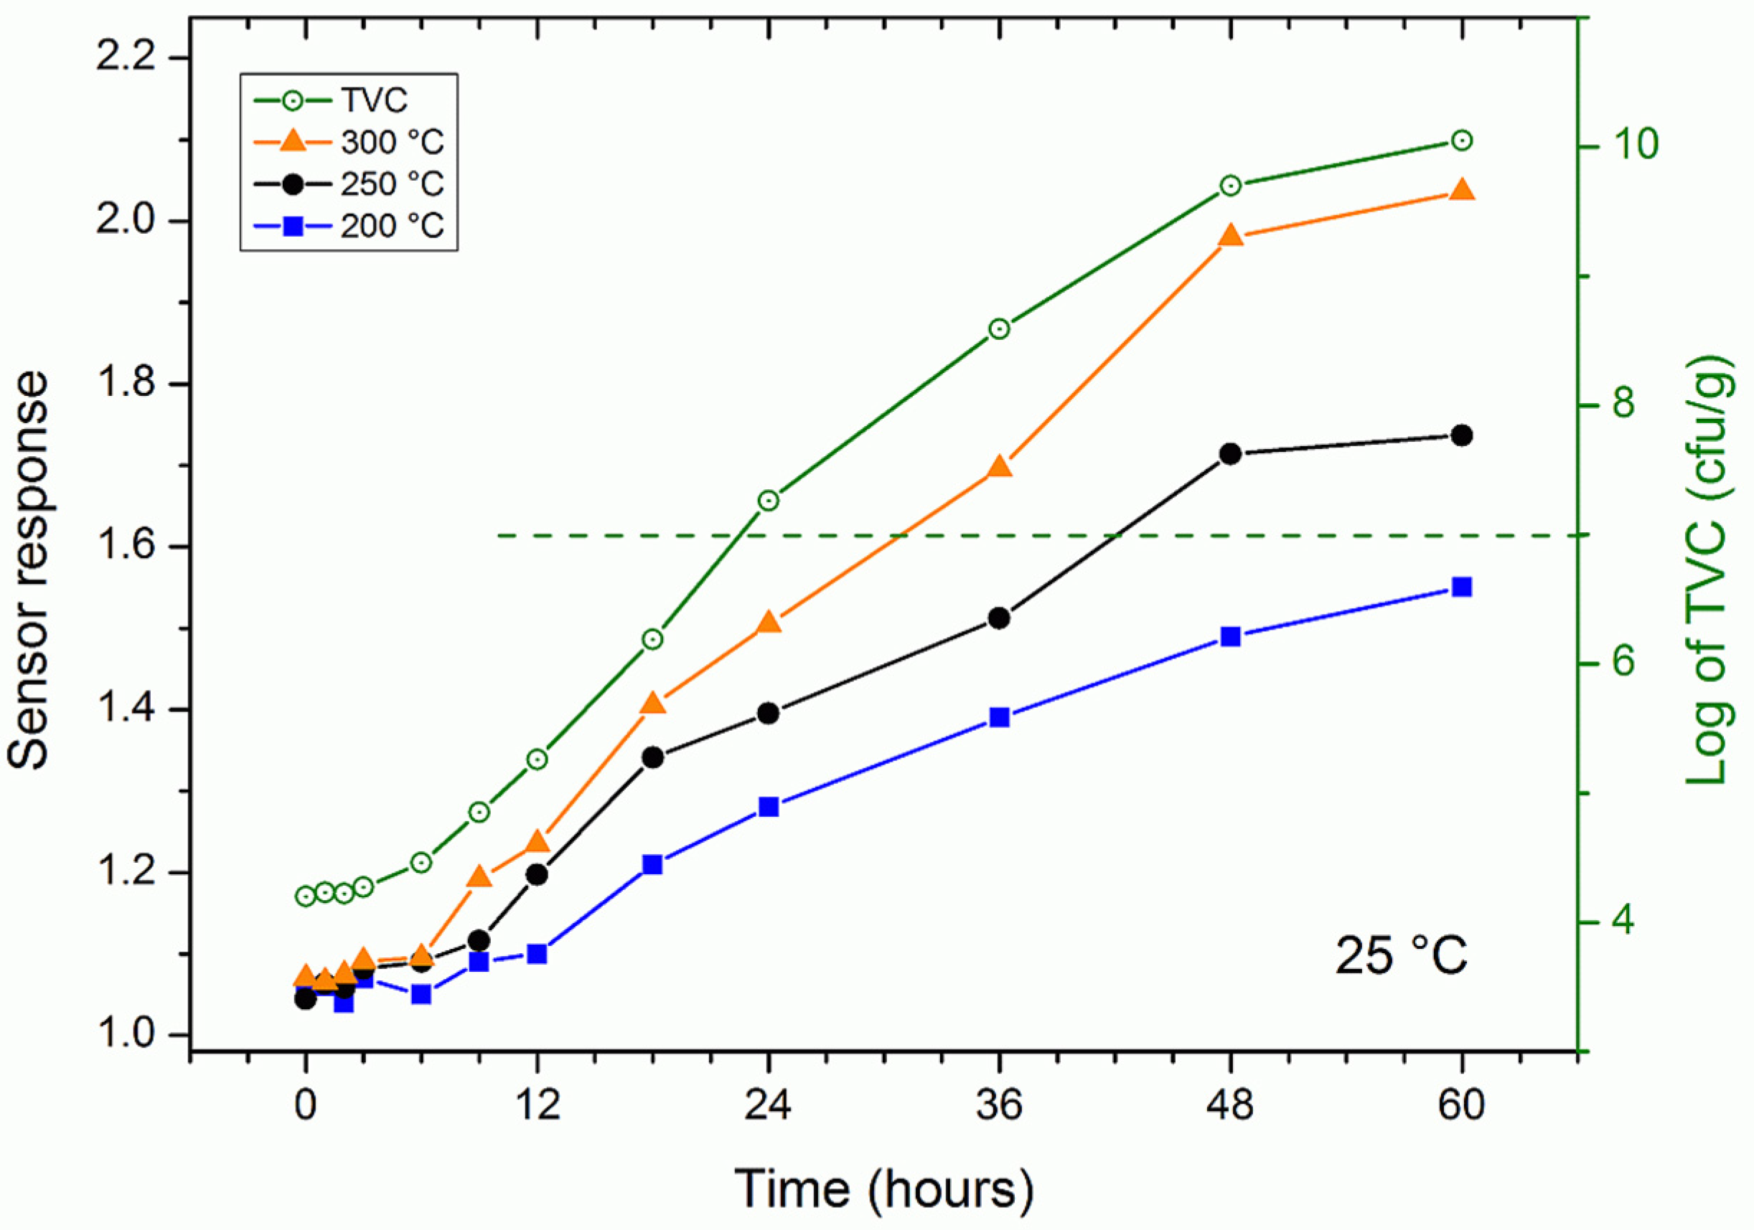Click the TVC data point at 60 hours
click(x=1461, y=141)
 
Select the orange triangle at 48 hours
click(x=1230, y=235)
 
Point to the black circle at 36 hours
click(x=999, y=618)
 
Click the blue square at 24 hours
click(x=769, y=807)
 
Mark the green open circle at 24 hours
click(x=769, y=501)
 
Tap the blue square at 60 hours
click(x=1461, y=587)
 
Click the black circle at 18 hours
click(x=652, y=757)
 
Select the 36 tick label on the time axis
click(x=999, y=1104)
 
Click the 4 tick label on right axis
click(x=1623, y=922)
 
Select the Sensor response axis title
click(x=29, y=569)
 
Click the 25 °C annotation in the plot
click(x=1401, y=955)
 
